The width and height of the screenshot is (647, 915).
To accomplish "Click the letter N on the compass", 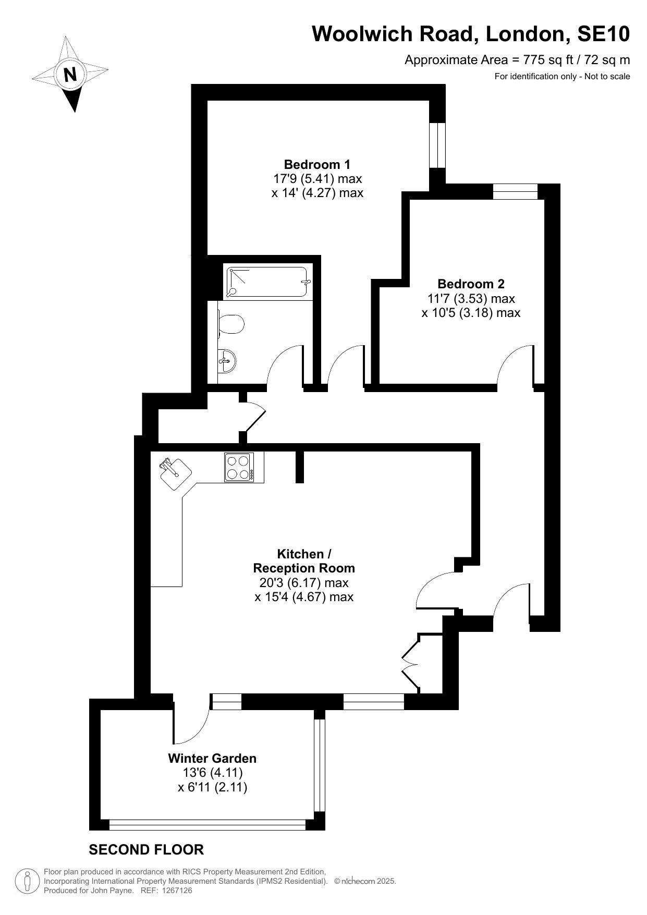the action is [70, 74].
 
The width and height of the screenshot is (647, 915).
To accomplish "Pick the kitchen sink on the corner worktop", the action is [173, 472].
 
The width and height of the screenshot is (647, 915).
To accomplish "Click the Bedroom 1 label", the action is [317, 164].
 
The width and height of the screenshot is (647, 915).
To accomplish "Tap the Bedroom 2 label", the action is [471, 284].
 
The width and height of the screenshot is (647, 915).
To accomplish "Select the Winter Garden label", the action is [212, 759].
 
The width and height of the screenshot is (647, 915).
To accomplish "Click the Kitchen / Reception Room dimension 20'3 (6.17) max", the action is [304, 582].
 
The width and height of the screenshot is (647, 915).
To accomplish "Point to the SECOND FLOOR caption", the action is [147, 850].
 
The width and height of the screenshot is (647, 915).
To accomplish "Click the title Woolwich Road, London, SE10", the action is [471, 34].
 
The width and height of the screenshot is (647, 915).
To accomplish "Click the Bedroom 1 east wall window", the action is [437, 145].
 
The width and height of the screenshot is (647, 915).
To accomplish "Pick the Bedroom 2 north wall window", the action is [515, 191].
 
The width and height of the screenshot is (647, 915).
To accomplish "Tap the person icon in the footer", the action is [28, 882].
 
